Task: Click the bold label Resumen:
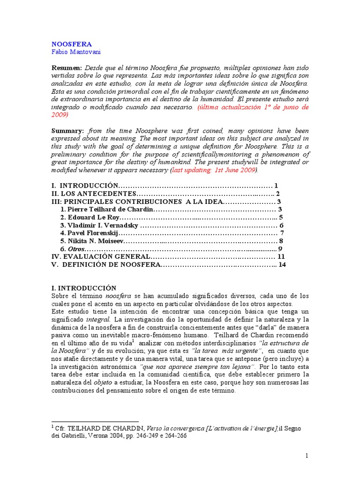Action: [67, 68]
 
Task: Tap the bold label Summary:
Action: [67, 131]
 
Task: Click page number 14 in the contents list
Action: [282, 265]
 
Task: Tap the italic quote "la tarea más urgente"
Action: [217, 351]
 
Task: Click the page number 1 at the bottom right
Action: [306, 456]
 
